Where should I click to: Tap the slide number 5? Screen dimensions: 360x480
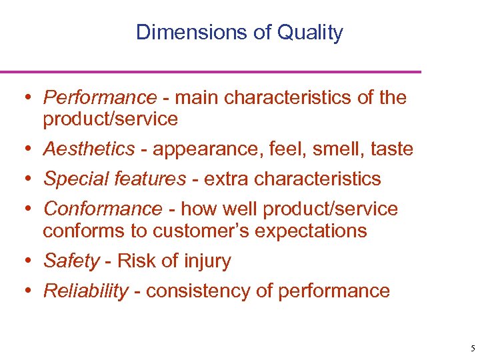472,349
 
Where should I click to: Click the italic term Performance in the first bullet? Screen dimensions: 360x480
99,98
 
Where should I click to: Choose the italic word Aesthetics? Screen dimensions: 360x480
89,149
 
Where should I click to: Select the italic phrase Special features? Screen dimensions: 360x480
115,179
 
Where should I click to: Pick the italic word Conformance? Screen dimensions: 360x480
103,209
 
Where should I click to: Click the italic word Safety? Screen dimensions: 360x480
71,261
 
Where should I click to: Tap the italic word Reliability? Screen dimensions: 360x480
85,291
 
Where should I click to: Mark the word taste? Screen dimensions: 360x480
392,149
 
